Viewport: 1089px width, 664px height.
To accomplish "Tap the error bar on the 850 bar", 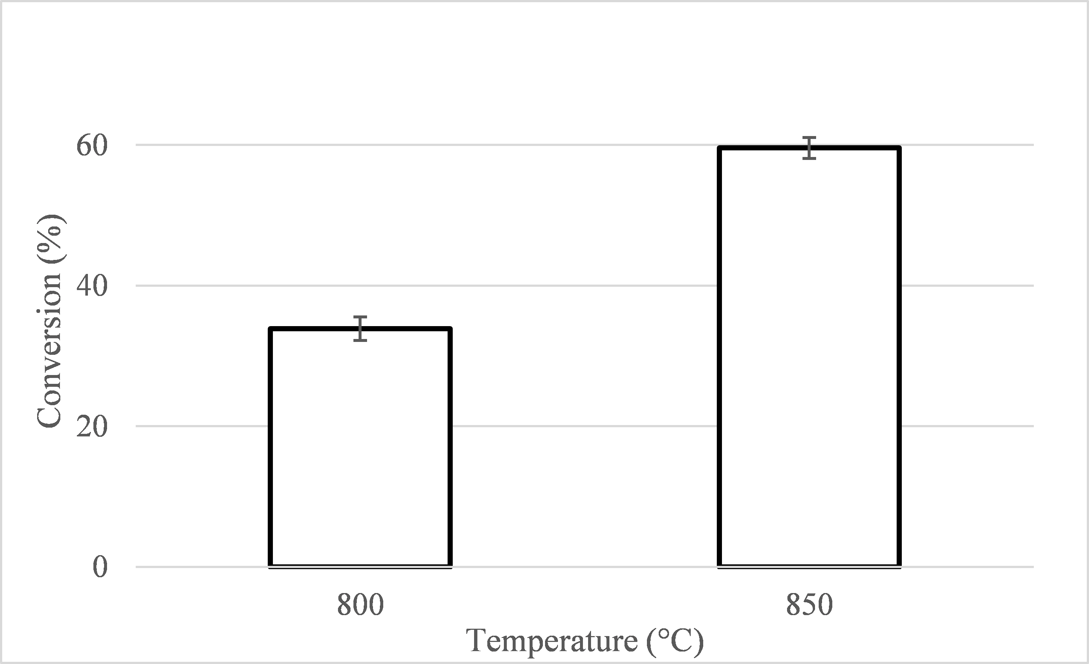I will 809,148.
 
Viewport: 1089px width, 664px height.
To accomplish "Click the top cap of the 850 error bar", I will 809,138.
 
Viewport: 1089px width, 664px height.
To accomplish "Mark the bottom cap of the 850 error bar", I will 809,158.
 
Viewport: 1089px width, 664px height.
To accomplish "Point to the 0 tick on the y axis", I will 100,567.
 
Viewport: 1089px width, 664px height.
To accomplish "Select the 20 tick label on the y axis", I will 92,427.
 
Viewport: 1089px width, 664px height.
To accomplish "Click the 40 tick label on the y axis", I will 92,286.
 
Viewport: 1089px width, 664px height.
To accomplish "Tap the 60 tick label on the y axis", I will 92,146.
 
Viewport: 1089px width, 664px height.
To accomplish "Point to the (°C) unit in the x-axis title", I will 675,642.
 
